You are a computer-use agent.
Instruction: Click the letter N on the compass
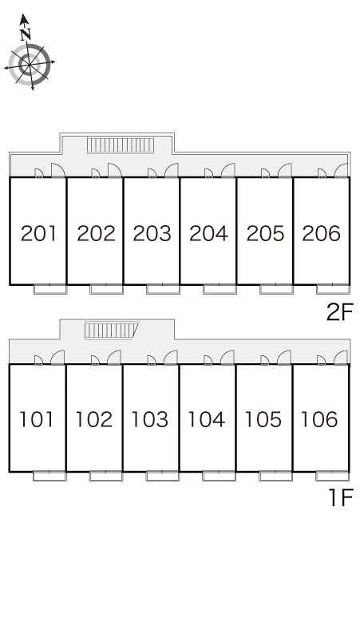click(26, 34)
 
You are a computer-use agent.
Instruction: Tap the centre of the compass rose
click(30, 64)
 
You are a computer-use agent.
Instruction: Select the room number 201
click(38, 233)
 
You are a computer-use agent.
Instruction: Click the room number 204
click(208, 233)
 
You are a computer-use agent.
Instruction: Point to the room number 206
click(322, 233)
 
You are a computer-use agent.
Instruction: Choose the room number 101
click(36, 419)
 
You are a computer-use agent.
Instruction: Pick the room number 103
click(150, 419)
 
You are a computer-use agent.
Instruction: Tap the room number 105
click(263, 419)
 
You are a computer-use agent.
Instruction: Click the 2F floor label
click(340, 312)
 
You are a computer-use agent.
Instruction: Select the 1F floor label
click(341, 497)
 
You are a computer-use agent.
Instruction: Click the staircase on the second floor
click(120, 145)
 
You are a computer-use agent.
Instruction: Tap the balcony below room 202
click(106, 289)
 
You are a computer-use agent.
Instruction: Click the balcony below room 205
click(276, 289)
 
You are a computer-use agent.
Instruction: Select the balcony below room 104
click(219, 476)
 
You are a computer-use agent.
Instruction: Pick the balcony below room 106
click(332, 476)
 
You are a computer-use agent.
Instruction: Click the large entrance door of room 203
click(172, 170)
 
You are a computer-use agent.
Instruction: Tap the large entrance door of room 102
click(114, 357)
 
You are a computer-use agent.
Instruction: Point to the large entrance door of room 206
click(342, 170)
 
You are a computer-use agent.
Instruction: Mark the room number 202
click(96, 233)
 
